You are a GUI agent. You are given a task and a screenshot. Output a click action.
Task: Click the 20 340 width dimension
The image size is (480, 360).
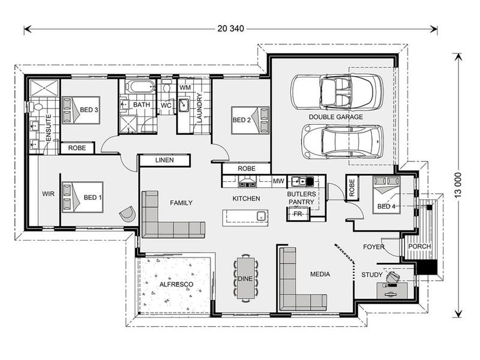point(231,29)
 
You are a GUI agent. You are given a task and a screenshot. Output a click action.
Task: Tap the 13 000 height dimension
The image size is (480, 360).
point(458,185)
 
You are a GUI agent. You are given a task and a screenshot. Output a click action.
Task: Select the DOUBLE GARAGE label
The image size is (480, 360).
point(336,117)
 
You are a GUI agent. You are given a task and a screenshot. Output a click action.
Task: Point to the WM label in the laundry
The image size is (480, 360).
point(185,88)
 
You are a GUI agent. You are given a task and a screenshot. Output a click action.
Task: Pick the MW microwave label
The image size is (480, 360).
point(278,181)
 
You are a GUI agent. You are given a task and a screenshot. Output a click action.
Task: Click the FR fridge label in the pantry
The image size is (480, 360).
point(297,214)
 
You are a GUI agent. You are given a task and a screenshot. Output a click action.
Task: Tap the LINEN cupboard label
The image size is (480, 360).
point(164,160)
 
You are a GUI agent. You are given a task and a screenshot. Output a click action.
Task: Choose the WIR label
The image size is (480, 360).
point(48,194)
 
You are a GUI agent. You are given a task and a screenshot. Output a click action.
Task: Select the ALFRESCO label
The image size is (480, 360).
point(176,284)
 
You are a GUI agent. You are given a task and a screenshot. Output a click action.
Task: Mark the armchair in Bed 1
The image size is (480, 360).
point(127,214)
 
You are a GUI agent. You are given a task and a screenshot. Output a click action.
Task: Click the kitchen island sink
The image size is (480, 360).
point(261,215)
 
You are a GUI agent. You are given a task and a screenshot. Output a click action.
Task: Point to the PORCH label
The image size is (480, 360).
point(419,247)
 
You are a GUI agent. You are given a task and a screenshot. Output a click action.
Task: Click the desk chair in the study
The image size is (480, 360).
point(393,277)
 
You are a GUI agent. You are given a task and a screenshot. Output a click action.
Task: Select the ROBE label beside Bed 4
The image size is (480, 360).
point(352,187)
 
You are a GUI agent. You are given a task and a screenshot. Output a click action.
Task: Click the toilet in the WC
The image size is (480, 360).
point(167,86)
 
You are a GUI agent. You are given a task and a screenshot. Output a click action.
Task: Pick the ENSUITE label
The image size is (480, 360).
point(49,128)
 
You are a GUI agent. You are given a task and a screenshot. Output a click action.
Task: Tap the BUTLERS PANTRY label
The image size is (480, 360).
point(302,198)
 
